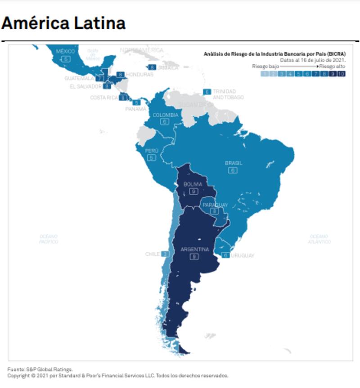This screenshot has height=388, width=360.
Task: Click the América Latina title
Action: [x=63, y=23]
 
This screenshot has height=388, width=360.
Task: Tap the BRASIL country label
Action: [x=233, y=163]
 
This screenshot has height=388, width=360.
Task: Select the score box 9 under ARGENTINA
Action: [x=194, y=256]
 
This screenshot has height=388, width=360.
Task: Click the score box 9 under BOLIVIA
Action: [x=193, y=191]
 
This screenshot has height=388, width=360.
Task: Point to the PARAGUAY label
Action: [x=215, y=205]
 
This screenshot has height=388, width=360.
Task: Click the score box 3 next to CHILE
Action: [x=165, y=254]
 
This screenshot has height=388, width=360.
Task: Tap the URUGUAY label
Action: [x=243, y=255]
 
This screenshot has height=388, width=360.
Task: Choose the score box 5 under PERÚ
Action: [x=152, y=158]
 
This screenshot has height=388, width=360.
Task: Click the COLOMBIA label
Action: [x=165, y=115]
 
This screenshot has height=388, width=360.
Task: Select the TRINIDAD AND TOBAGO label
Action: [x=228, y=94]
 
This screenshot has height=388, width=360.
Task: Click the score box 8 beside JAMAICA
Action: [x=152, y=67]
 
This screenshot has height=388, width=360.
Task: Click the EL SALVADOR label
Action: [x=85, y=86]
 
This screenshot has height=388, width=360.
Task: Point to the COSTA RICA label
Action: [x=104, y=97]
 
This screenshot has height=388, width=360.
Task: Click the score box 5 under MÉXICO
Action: [x=66, y=59]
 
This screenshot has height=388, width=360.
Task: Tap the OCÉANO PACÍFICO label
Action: [x=49, y=239]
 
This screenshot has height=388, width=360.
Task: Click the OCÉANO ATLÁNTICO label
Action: [x=320, y=239]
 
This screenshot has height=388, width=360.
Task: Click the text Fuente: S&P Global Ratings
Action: [x=40, y=369]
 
